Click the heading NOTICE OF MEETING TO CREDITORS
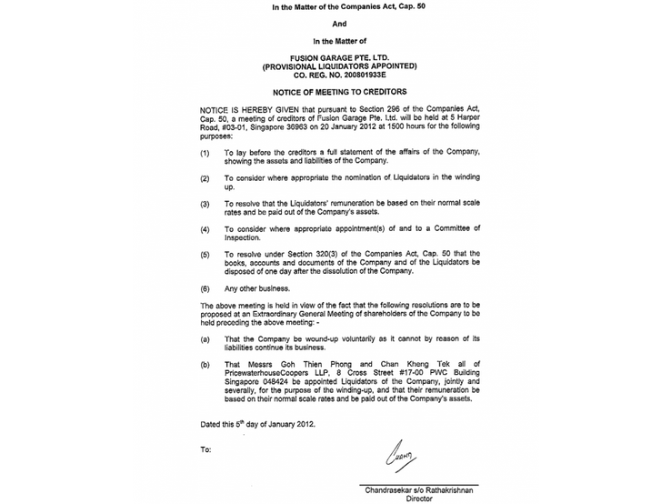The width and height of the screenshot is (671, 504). click(x=335, y=93)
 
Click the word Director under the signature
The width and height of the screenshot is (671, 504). click(x=418, y=499)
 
